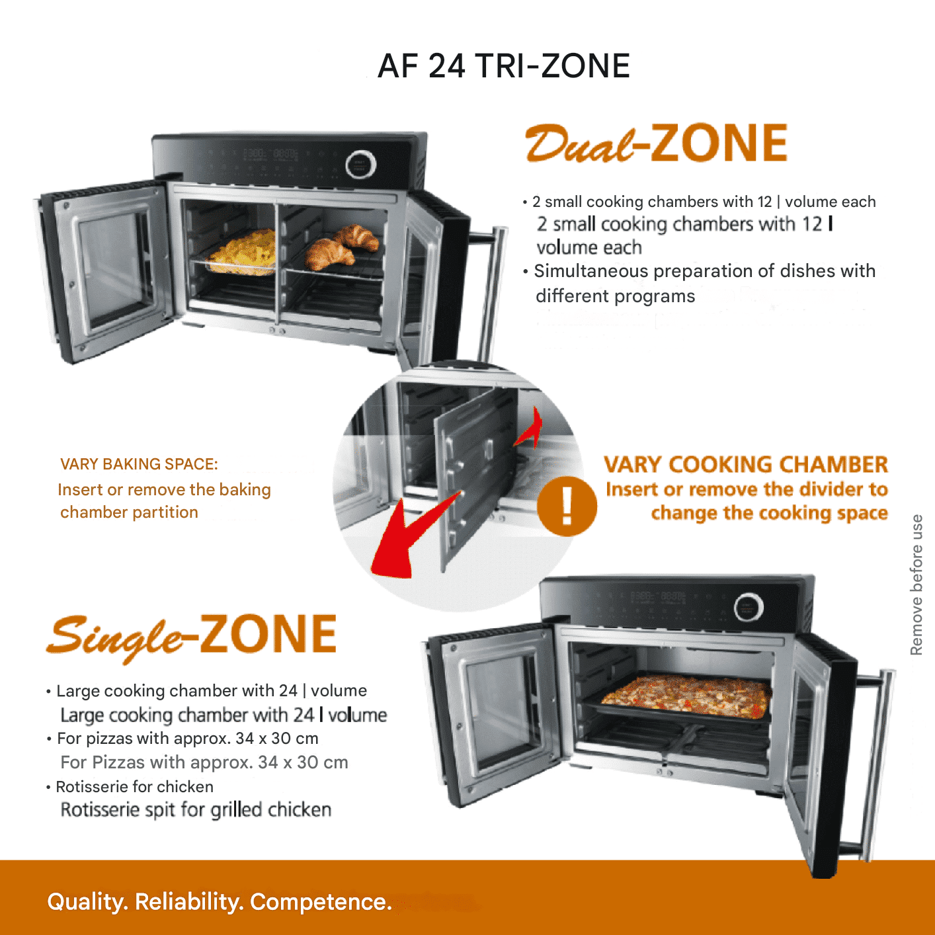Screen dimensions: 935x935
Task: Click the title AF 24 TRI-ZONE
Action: coord(504,66)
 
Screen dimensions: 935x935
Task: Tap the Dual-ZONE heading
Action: coord(656,143)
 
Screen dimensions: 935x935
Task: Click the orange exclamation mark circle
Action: coord(567,506)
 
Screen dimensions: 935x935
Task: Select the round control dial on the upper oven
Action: coord(360,165)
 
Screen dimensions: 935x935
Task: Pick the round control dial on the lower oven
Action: coord(749,606)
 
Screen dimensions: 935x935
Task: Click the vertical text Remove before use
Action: coord(916,585)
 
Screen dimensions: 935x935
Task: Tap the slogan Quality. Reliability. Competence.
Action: coord(220,902)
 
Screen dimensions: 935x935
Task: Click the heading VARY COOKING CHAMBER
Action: coord(746,464)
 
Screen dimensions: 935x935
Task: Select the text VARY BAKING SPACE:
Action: coord(139,464)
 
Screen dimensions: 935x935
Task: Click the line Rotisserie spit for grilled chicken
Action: coord(196,810)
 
